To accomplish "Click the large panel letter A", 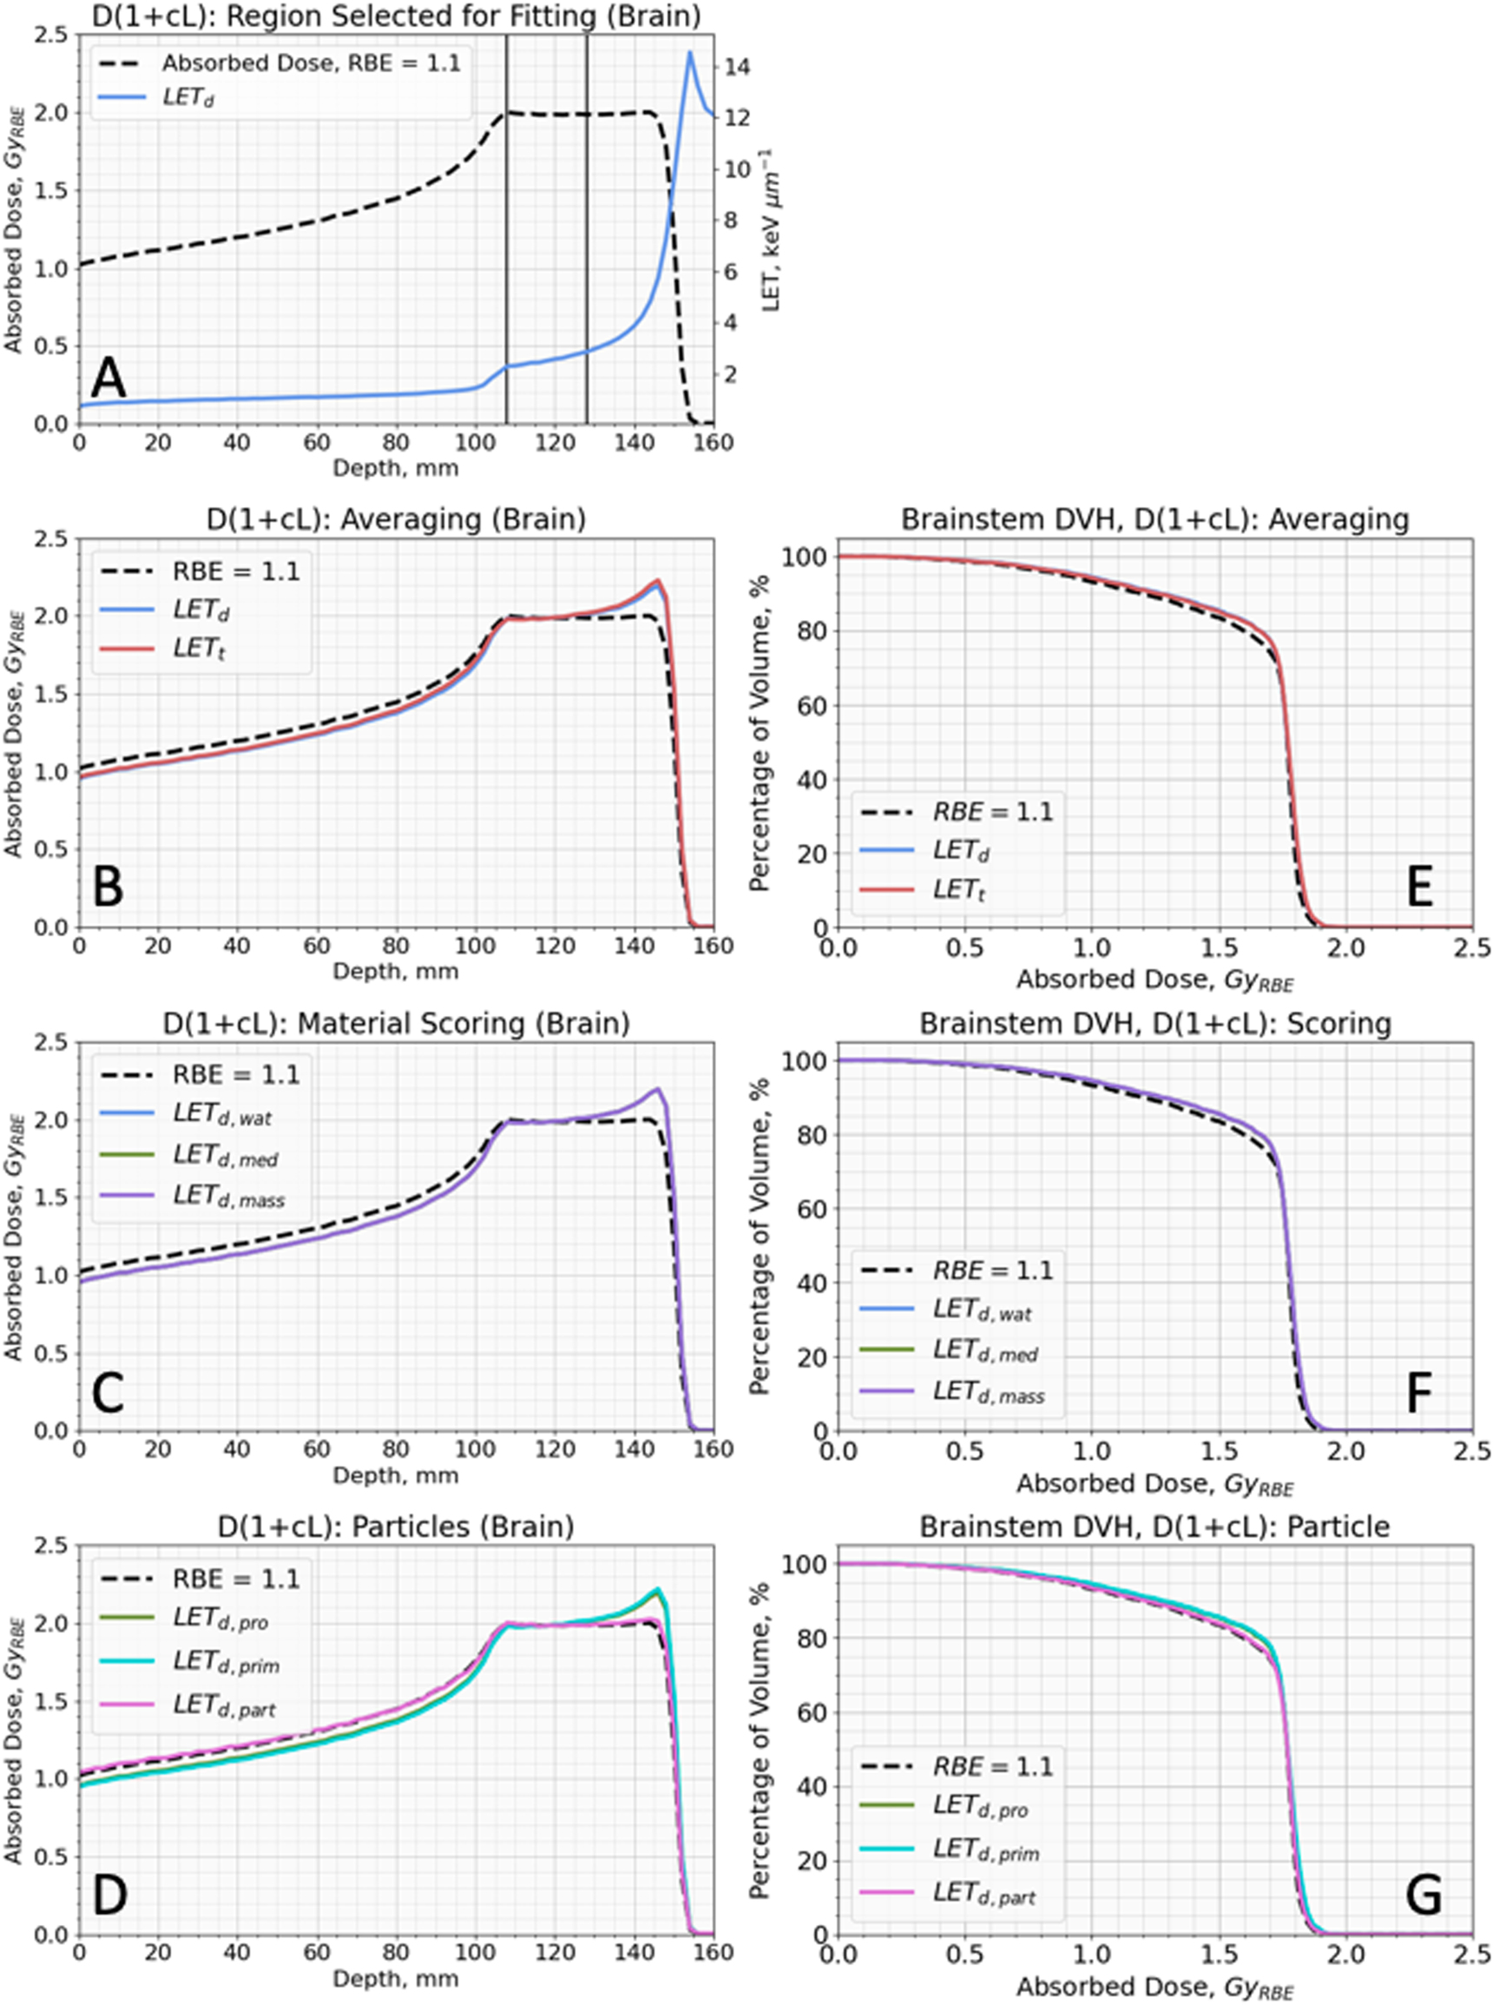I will [x=109, y=378].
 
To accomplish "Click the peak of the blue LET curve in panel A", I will [x=689, y=52].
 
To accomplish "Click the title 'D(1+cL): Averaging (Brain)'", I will [x=390, y=519].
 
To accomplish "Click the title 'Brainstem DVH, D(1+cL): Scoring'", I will [x=1154, y=1023].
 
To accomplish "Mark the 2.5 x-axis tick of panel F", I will [x=1472, y=1450].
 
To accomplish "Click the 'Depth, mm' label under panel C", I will [x=395, y=1475].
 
